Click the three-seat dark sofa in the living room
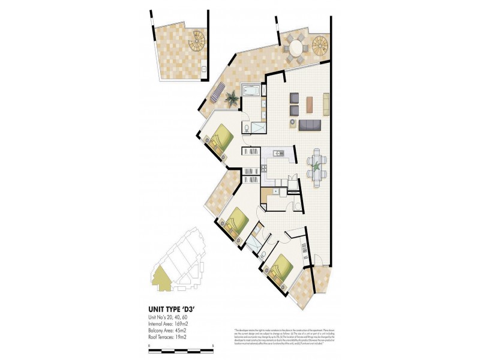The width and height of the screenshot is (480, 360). [x=309, y=124]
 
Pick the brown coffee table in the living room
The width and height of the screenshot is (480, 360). [x=309, y=104]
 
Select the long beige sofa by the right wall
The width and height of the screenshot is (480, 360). [x=326, y=104]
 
